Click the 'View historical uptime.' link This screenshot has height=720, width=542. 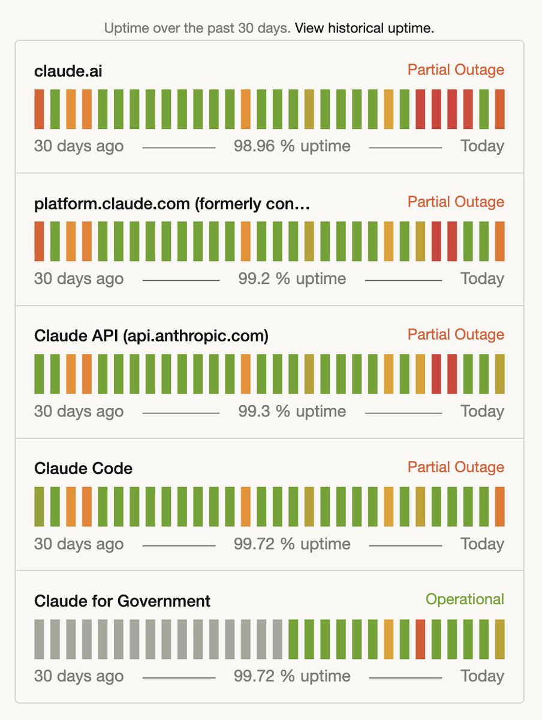pos(364,28)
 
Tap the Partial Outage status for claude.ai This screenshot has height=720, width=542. pos(456,70)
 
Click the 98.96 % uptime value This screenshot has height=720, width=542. pos(292,146)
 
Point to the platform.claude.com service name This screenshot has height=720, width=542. pos(172,203)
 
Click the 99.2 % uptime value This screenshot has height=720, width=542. pos(292,279)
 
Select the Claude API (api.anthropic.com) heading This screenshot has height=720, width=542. pos(151,336)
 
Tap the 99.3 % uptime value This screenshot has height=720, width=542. pos(292,412)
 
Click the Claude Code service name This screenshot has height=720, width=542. pos(83,469)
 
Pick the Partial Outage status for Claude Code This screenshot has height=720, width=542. pos(456,467)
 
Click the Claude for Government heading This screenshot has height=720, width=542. pos(122,601)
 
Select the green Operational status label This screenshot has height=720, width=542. pos(465,599)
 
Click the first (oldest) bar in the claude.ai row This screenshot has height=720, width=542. pos(39,109)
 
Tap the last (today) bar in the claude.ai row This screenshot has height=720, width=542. pos(499,109)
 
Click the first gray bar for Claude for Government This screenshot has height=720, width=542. pos(39,639)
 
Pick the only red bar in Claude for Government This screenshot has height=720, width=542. pos(420,639)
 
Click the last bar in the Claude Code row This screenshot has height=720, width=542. pos(499,506)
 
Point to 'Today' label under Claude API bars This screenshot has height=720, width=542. pos(482,412)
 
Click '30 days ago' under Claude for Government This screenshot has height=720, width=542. pos(79,677)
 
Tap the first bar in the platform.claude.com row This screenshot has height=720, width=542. pos(39,241)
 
